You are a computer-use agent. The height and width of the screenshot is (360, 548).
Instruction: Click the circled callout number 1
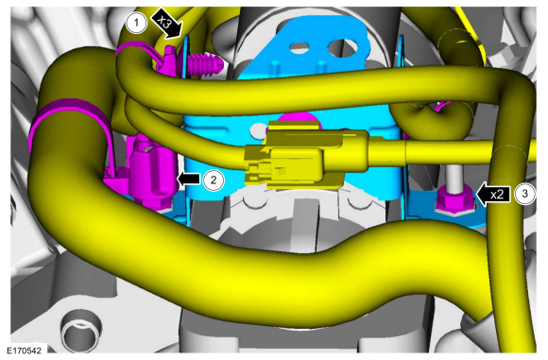[136, 24]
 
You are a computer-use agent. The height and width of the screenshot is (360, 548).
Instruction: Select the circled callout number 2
[214, 180]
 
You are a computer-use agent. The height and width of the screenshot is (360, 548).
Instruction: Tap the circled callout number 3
[524, 194]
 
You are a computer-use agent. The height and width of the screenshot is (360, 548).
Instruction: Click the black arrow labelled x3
[166, 24]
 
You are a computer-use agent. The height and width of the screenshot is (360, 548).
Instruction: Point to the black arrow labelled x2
[493, 195]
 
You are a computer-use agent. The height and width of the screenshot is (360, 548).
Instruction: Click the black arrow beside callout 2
[189, 179]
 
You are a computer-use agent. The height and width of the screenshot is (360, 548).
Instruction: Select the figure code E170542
[25, 351]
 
